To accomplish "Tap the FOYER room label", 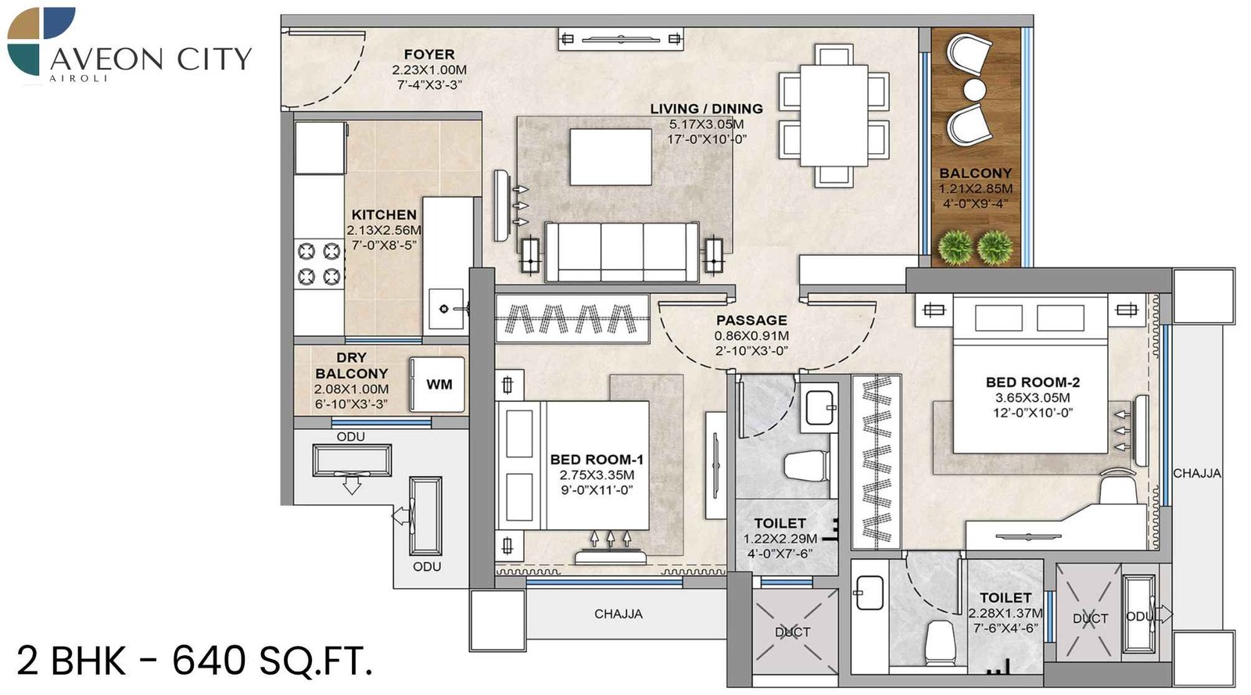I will (428, 54).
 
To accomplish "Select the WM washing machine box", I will (438, 384).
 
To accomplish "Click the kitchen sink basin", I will (444, 309).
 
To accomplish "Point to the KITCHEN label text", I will (383, 214).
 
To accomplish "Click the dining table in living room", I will (833, 116).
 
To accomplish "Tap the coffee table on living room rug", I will (611, 156).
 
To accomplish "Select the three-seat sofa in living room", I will (622, 252).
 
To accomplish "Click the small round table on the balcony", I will (973, 89).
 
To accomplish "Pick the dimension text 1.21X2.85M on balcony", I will (975, 188).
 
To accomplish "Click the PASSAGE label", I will (751, 320).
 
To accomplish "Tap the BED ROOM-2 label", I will (1032, 382).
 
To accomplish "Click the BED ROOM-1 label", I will (596, 460).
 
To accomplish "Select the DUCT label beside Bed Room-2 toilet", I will (1089, 618).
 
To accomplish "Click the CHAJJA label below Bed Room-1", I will (618, 614).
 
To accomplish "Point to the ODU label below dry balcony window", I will (350, 437).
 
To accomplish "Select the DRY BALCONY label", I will (351, 365).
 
